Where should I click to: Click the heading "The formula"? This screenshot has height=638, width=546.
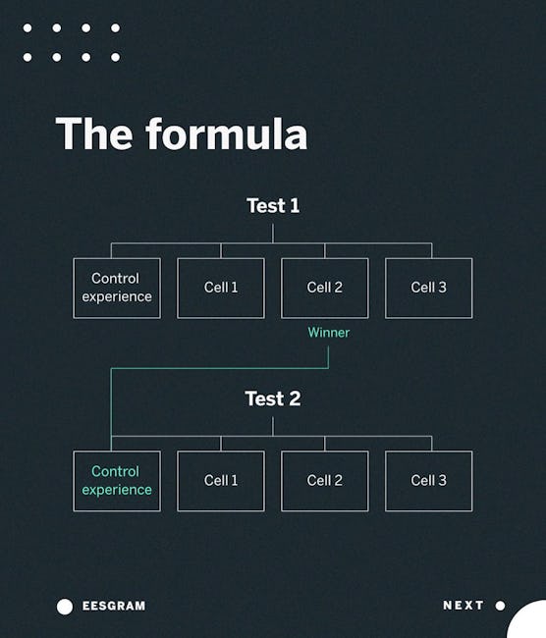click(182, 133)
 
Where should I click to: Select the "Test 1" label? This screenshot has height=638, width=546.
click(273, 206)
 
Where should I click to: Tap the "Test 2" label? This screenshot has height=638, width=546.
click(273, 399)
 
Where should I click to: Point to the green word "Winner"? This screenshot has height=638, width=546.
click(329, 333)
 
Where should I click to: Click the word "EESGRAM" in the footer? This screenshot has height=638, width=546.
click(114, 606)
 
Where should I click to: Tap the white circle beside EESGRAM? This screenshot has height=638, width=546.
click(65, 607)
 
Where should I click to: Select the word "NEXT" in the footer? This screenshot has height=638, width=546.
click(464, 606)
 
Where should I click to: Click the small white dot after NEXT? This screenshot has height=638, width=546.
click(501, 606)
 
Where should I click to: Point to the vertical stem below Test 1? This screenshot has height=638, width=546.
click(273, 234)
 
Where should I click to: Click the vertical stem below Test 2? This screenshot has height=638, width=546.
click(273, 426)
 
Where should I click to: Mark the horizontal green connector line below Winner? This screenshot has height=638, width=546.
click(220, 369)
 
